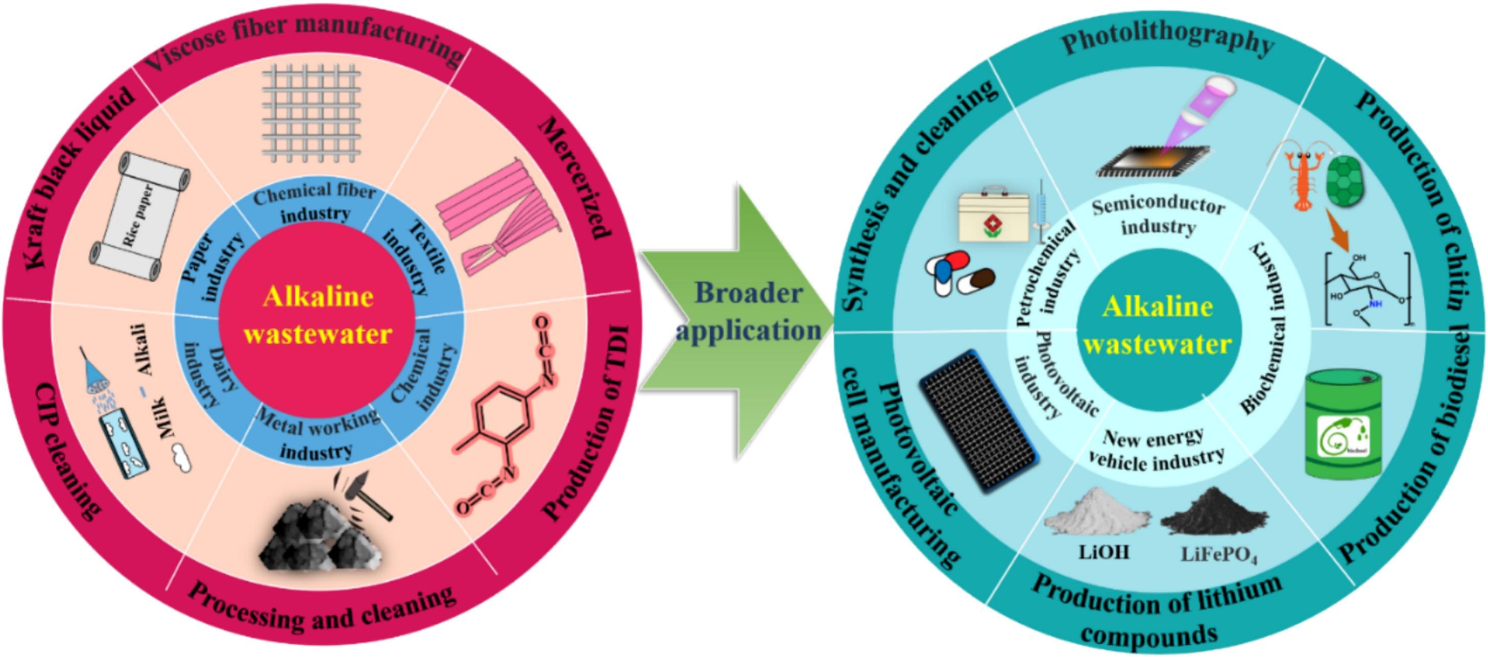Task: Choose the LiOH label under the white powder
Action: coord(1103,552)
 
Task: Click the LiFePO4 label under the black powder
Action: coord(1219,555)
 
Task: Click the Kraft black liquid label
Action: coord(81,179)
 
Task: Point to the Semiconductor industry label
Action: coord(1158,217)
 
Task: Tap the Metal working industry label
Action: coord(317,433)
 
